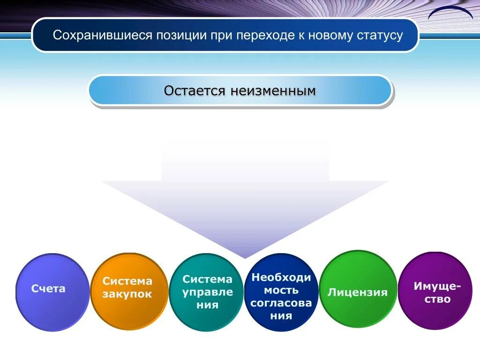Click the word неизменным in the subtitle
(273, 90)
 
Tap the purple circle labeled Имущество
(435, 291)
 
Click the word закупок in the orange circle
(127, 294)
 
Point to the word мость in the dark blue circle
(281, 290)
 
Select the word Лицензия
(358, 292)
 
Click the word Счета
(48, 288)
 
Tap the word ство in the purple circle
(437, 299)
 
